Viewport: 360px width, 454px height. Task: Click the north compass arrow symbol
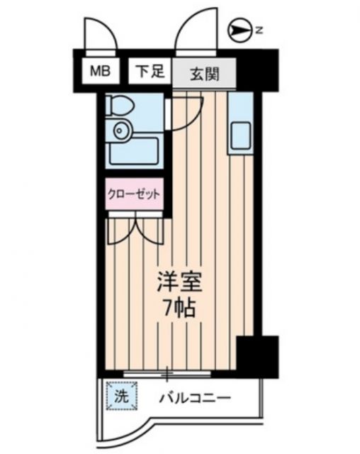coord(240,30)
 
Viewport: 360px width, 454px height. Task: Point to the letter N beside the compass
coord(260,30)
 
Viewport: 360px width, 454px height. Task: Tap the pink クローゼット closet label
coord(133,192)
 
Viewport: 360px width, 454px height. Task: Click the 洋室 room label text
coord(179,282)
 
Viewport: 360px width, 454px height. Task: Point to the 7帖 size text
coord(179,309)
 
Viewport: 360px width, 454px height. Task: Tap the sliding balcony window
coord(168,372)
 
